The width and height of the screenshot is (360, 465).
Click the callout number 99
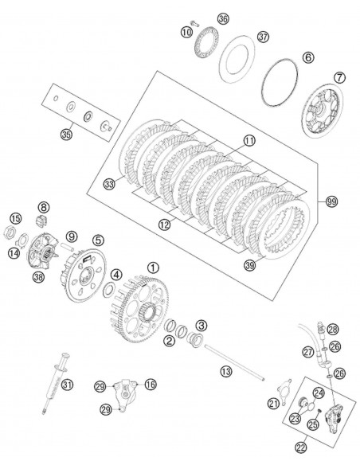coord(331,201)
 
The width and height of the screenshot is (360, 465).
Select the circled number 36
coord(223,18)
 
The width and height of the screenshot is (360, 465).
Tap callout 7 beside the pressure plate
coord(339,78)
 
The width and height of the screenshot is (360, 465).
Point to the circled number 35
coord(66,135)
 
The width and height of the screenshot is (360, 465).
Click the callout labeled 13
coord(226,371)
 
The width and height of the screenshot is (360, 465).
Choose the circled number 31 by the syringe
coord(68,385)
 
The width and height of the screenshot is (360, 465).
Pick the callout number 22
coord(301,447)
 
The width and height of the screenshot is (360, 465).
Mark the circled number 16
coord(151,385)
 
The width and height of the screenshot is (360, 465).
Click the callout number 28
coord(333,329)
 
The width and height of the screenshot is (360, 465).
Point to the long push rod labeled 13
coord(233,362)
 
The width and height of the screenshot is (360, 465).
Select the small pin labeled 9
coord(67,247)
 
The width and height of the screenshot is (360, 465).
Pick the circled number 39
coord(249,265)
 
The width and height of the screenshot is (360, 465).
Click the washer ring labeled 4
coord(109,289)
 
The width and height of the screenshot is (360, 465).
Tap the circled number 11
coord(249,140)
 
